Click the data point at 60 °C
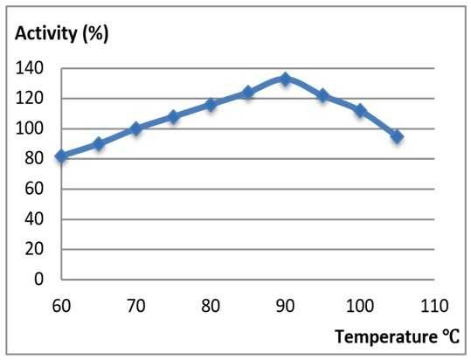(61, 156)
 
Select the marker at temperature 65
(99, 143)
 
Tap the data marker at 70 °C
(135, 128)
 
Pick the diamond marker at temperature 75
(173, 116)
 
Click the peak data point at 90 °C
(285, 79)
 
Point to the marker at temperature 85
(247, 92)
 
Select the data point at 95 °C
(322, 95)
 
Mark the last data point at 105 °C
(397, 136)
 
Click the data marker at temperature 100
(359, 110)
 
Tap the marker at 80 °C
(211, 104)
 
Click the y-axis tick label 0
(37, 280)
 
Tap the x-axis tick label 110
(434, 306)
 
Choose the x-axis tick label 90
(285, 306)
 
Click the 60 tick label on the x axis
(61, 306)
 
